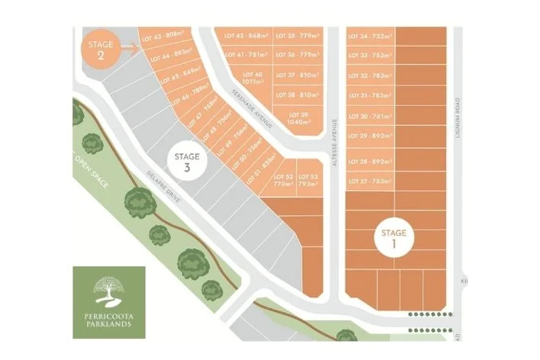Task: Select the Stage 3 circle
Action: click(186, 162)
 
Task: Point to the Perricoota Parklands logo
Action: click(110, 302)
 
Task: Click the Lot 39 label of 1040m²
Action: click(297, 117)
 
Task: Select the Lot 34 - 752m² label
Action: click(370, 36)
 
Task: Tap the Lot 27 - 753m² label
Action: click(370, 182)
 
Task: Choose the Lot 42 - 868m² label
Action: click(246, 36)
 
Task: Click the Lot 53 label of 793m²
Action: click(308, 181)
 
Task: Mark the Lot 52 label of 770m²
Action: click(283, 181)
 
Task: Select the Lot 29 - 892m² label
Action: click(370, 136)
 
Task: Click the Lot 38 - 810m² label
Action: click(297, 95)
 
